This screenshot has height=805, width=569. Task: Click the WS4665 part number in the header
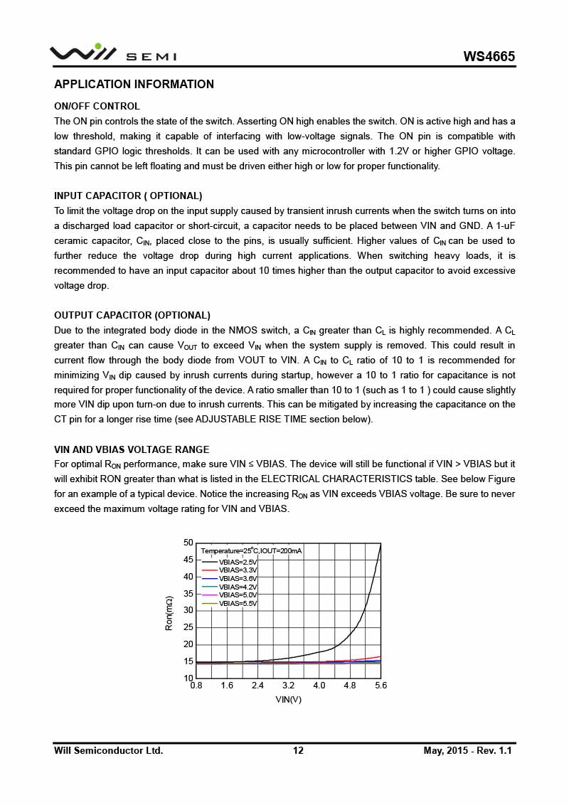pyautogui.click(x=489, y=57)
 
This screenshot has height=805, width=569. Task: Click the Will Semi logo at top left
pyautogui.click(x=112, y=53)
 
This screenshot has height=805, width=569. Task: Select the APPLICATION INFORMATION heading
pyautogui.click(x=134, y=85)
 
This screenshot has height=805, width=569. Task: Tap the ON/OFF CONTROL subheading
pyautogui.click(x=97, y=107)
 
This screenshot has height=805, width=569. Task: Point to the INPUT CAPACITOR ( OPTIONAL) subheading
pyautogui.click(x=128, y=196)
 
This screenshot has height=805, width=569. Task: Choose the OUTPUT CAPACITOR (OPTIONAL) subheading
pyautogui.click(x=132, y=315)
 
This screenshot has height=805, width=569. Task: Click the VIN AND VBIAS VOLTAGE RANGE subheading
pyautogui.click(x=132, y=449)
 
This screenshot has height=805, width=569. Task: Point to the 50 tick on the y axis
pyautogui.click(x=188, y=543)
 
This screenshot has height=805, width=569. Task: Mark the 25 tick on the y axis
pyautogui.click(x=188, y=627)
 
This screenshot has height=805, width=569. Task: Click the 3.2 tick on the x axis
pyautogui.click(x=288, y=686)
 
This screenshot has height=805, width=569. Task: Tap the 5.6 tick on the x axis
pyautogui.click(x=381, y=686)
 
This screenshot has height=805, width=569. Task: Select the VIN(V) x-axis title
pyautogui.click(x=288, y=699)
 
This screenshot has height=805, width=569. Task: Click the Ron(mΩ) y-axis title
pyautogui.click(x=169, y=613)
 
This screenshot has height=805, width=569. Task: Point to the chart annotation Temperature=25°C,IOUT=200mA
pyautogui.click(x=251, y=551)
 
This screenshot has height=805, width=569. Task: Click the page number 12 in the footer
pyautogui.click(x=298, y=750)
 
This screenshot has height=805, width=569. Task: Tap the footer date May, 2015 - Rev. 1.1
pyautogui.click(x=467, y=750)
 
